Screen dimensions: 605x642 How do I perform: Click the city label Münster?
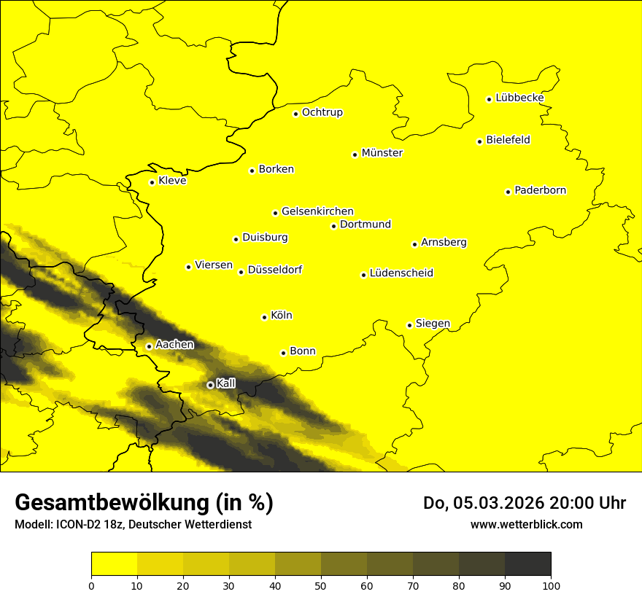click(382, 153)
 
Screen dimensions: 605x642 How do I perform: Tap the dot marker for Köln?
click(264, 317)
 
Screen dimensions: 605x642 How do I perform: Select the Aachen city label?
click(174, 344)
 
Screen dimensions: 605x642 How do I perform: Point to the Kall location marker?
click(210, 385)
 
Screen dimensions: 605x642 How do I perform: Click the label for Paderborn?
click(540, 190)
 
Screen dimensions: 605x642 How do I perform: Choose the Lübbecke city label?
click(519, 98)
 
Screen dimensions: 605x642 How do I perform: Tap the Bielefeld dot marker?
click(480, 141)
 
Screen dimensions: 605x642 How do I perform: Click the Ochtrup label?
click(322, 112)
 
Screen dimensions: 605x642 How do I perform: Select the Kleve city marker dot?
click(152, 182)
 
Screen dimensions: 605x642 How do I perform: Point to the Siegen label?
click(433, 324)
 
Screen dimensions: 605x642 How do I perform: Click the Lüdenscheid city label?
click(401, 273)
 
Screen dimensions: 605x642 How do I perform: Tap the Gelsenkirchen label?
click(317, 211)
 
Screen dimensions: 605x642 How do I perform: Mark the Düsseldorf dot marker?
click(241, 272)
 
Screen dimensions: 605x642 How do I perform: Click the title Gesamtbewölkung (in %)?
click(144, 503)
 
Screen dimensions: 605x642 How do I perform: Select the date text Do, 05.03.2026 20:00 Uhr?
click(524, 503)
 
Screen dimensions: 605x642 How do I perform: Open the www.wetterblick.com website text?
click(526, 525)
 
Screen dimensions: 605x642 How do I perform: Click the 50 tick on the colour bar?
click(321, 585)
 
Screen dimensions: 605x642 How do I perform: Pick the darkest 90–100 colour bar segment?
click(527, 564)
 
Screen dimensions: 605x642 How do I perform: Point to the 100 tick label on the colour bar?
click(550, 585)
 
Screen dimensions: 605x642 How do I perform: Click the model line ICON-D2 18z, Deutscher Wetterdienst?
click(133, 525)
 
